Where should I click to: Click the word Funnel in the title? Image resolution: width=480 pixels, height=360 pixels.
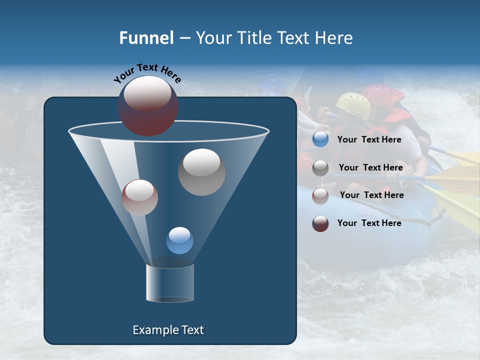[146, 37]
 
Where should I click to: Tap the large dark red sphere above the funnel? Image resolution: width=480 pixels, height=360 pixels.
[148, 105]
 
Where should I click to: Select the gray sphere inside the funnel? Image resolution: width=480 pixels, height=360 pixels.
[201, 171]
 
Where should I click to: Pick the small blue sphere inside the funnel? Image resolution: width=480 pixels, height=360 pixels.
[179, 240]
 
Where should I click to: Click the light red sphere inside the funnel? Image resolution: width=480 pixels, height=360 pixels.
[139, 197]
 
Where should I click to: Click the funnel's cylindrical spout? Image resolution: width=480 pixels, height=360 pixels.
[169, 283]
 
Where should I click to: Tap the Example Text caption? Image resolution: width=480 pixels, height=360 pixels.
[168, 330]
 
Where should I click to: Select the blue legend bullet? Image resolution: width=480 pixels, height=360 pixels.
[320, 139]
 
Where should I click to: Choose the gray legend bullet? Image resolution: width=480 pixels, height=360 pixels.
[320, 167]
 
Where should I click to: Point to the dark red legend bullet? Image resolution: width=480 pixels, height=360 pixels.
[320, 223]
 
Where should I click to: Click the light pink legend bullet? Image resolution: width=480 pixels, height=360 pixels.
[320, 195]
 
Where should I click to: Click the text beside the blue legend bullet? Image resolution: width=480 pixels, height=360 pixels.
[369, 139]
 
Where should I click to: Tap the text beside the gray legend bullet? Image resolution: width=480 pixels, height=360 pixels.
[370, 167]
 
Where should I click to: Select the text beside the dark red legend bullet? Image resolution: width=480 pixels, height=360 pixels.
[369, 223]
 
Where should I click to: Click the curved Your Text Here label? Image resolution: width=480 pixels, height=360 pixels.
[147, 73]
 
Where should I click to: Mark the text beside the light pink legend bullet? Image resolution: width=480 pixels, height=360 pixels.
[371, 195]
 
